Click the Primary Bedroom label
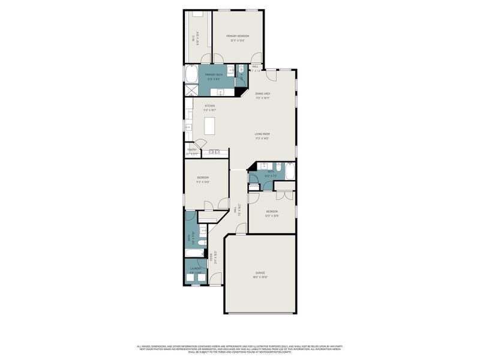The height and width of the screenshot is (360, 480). click(x=238, y=37)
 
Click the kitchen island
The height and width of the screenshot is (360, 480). click(x=209, y=125)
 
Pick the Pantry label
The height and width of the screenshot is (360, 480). click(x=191, y=150)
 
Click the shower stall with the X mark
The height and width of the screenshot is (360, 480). click(x=190, y=90)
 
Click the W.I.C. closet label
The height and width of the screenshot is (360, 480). click(x=193, y=38)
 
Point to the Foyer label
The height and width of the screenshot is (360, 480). click(x=211, y=259)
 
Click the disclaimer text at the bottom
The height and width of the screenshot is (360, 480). click(x=240, y=348)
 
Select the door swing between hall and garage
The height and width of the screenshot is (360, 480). click(x=241, y=228)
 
